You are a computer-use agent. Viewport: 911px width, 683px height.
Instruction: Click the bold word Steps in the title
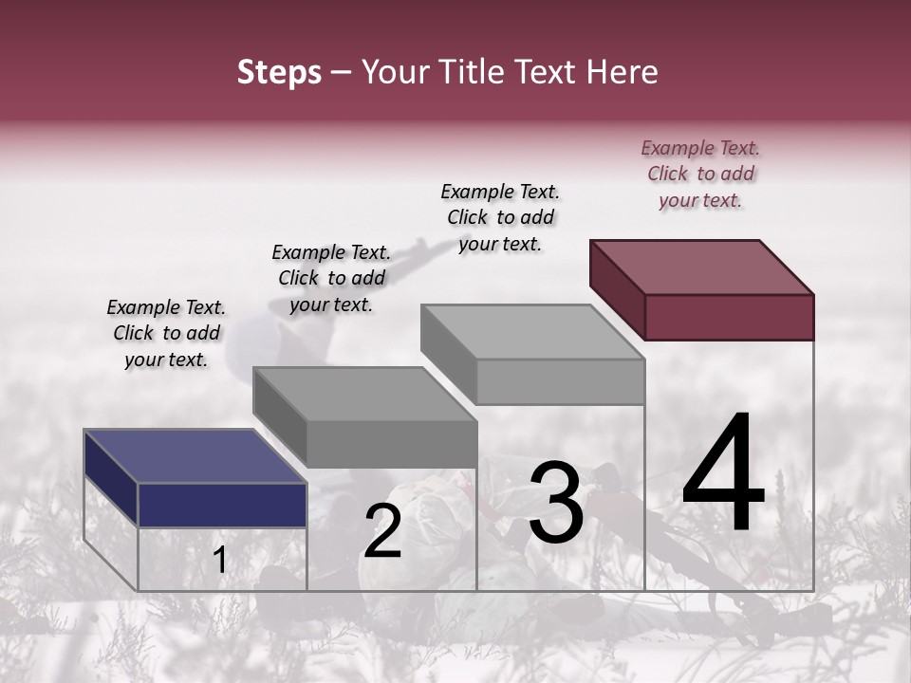point(279,72)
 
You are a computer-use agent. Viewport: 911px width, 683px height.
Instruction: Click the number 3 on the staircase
point(556,502)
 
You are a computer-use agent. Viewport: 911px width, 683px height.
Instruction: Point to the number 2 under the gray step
point(382,531)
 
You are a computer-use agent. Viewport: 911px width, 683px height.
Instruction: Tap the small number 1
point(220,560)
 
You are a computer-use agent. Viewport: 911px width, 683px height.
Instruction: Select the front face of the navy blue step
point(222,505)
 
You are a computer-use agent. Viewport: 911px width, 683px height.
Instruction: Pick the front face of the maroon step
point(729,317)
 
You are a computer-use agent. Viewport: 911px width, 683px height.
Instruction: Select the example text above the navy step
point(166,333)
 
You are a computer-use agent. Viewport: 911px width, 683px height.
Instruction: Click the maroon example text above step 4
point(700,174)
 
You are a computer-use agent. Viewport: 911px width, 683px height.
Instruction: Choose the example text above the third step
point(500,217)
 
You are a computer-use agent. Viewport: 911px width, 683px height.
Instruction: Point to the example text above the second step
point(331,278)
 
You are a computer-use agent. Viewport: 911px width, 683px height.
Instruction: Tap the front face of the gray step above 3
point(560,381)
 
